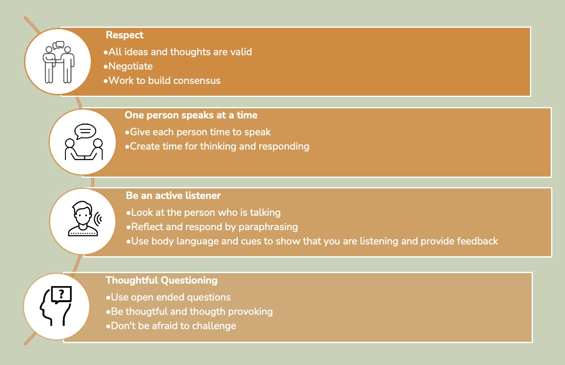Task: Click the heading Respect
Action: click(x=125, y=35)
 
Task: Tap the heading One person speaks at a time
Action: click(x=191, y=115)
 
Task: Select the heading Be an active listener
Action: click(x=173, y=196)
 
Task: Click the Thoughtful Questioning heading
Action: click(x=161, y=280)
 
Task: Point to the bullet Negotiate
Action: click(x=128, y=66)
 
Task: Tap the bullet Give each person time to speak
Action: click(x=198, y=132)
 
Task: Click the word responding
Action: click(x=284, y=147)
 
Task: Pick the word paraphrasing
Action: click(x=268, y=227)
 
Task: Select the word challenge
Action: click(x=214, y=326)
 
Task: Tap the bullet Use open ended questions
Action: click(x=168, y=297)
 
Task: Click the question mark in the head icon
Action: click(x=61, y=294)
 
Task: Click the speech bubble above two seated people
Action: click(x=85, y=132)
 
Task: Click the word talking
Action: click(x=265, y=213)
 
